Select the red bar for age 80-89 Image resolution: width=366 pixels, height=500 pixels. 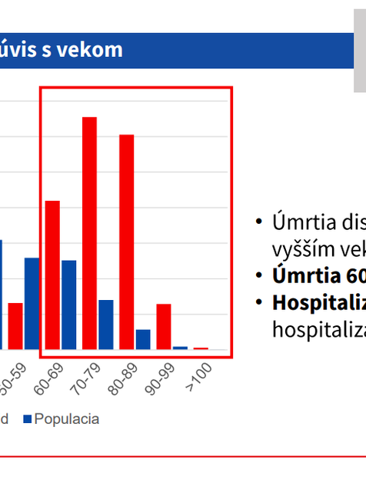point(126,242)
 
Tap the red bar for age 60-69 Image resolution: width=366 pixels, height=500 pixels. point(52,275)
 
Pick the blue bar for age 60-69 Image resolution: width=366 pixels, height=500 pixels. point(69,304)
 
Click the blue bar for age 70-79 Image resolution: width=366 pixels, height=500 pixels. point(106,324)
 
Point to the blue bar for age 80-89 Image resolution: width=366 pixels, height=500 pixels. point(143,339)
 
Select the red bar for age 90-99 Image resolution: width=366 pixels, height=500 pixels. point(163,326)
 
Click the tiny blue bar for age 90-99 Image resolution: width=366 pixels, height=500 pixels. point(180,348)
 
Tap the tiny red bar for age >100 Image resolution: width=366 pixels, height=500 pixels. point(201,348)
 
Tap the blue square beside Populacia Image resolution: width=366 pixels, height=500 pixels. point(28,419)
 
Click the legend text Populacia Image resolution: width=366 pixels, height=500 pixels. point(67,419)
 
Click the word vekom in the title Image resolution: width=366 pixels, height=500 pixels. point(98,50)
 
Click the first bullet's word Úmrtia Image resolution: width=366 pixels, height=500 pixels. point(299,223)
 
